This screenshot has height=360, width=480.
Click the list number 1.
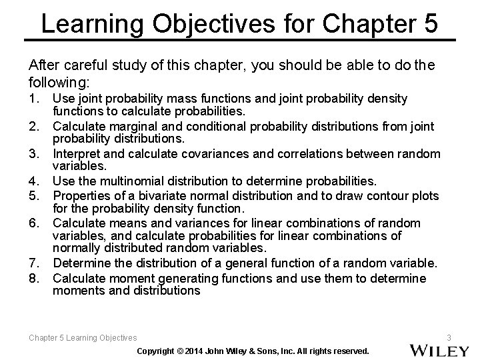pyautogui.click(x=35, y=99)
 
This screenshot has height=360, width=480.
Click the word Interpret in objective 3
pyautogui.click(x=76, y=154)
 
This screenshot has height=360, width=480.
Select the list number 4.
pyautogui.click(x=35, y=181)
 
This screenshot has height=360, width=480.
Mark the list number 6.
pyautogui.click(x=35, y=223)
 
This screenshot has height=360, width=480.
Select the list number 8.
pyautogui.click(x=35, y=278)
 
